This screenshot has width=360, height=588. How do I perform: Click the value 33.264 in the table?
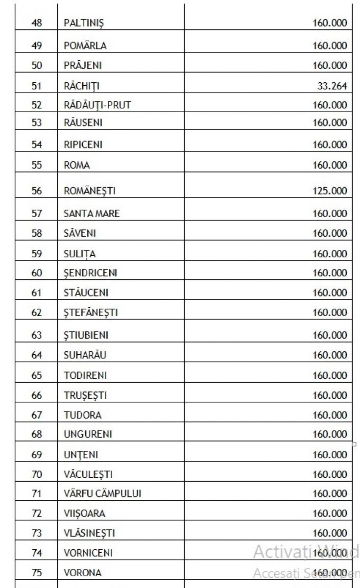(332, 86)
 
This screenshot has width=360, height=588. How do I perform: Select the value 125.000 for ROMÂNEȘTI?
(330, 191)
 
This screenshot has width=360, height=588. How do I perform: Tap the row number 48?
(37, 23)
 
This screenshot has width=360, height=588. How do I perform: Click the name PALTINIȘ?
(84, 23)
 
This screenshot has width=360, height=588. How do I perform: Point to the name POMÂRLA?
(85, 46)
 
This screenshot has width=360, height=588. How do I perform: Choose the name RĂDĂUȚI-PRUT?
(97, 105)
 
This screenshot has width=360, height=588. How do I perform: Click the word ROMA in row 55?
(77, 165)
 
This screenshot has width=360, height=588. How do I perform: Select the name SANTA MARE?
(92, 213)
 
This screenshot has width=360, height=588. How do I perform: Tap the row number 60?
(37, 273)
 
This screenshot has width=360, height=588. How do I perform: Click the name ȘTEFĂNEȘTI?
(91, 312)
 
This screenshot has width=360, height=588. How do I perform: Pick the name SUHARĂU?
(85, 355)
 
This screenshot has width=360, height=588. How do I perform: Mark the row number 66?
(37, 395)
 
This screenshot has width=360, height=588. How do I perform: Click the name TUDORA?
(82, 415)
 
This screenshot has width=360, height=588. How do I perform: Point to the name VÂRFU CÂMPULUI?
(102, 493)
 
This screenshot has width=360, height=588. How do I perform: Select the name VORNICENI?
(88, 553)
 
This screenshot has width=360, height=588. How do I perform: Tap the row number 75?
(37, 572)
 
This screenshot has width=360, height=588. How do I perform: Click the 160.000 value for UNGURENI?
(330, 434)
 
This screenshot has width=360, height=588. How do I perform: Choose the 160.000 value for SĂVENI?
(330, 233)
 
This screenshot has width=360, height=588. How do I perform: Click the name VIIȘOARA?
(84, 513)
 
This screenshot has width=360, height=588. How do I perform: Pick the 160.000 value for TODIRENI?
(330, 375)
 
